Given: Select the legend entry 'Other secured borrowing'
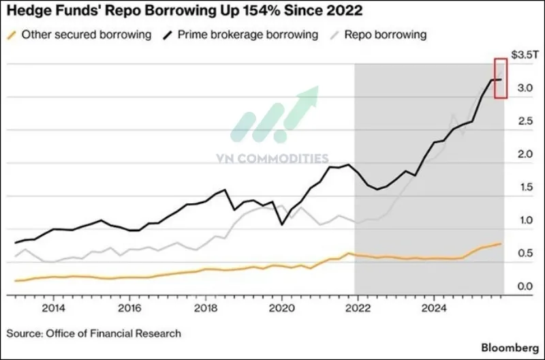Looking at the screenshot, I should (86, 35).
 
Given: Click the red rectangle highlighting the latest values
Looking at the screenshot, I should (501, 79).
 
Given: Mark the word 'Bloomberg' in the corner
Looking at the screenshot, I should (509, 347).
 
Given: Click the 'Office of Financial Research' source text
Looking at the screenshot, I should (113, 333).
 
